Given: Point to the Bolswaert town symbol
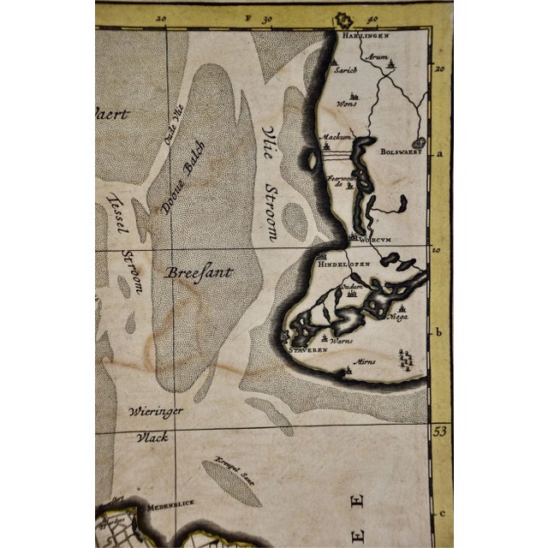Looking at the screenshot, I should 419,145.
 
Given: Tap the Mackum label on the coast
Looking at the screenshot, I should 332,137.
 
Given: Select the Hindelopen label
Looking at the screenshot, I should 344,265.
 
